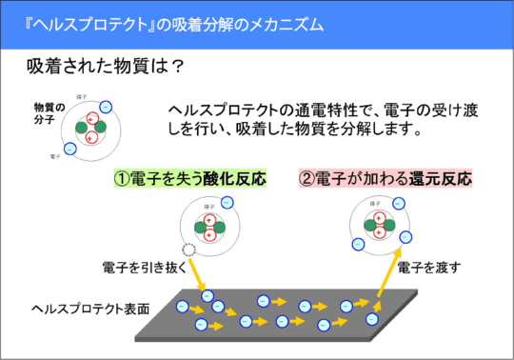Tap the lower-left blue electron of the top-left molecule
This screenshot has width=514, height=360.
[69, 148]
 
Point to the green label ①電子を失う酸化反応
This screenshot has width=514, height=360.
[189, 178]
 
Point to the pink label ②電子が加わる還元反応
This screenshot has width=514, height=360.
[385, 178]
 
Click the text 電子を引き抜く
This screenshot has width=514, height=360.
[140, 268]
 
